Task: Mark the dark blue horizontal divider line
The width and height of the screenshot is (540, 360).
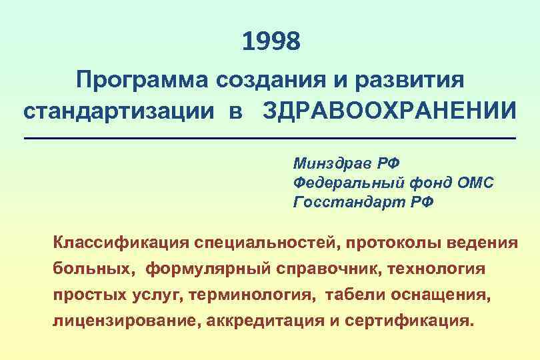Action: point(270,138)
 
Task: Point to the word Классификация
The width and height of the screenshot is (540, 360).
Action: point(121,241)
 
